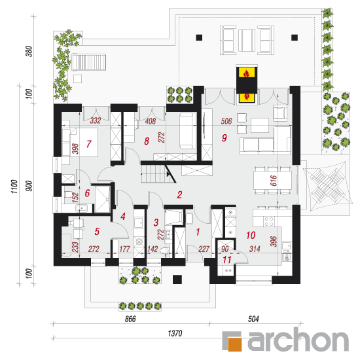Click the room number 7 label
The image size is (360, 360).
[x=89, y=144]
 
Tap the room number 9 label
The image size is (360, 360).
[x=225, y=137]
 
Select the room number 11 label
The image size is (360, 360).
[x=227, y=260]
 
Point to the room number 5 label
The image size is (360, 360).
[x=97, y=232]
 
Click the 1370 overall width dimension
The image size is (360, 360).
[x=175, y=333]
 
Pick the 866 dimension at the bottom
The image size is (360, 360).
[x=130, y=319]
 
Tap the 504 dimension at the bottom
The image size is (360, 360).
[x=253, y=319]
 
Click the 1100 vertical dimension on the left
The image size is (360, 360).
[x=14, y=187]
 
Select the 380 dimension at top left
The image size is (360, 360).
[x=29, y=51]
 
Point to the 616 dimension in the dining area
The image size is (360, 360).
[x=274, y=181]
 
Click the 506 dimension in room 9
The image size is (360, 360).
[x=226, y=121]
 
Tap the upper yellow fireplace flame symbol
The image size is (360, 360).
[x=247, y=73]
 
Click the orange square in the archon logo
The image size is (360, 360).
[x=234, y=344]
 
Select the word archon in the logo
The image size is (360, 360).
[x=298, y=339]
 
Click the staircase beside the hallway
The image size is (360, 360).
[x=156, y=174]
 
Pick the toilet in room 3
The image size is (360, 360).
[x=165, y=251]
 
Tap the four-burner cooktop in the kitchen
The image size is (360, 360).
[x=269, y=221]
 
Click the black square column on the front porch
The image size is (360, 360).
[x=177, y=279]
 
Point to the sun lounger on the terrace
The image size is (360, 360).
[x=88, y=62]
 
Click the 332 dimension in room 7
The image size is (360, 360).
[x=96, y=120]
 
